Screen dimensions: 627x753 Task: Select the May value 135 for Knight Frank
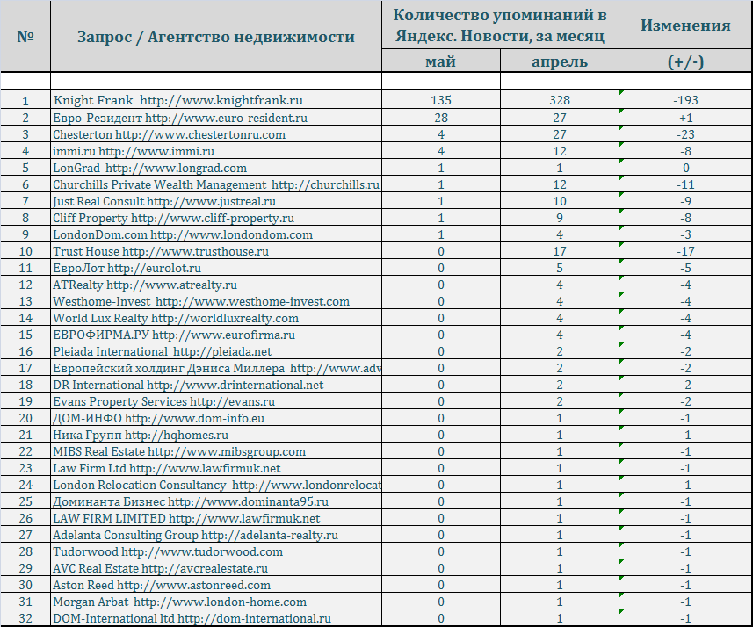coord(441,101)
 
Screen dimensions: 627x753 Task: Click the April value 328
coord(559,101)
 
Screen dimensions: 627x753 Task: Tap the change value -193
coord(685,101)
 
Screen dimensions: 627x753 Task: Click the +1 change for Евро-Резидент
coord(685,118)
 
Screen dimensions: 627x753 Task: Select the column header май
coord(441,61)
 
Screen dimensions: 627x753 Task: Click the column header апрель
coord(560,61)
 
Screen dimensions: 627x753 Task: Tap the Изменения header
coord(685,25)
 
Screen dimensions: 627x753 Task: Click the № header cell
coord(25,37)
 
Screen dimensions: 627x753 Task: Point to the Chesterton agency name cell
coord(170,134)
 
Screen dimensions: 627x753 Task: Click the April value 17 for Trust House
coord(559,251)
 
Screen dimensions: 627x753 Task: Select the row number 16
coord(25,351)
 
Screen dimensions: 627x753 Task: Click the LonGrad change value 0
coord(685,168)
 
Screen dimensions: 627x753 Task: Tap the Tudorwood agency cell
coord(168,551)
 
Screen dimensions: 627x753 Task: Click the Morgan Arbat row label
coord(180,602)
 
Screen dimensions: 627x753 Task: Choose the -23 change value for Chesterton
coord(685,134)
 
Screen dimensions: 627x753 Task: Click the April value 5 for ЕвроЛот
coord(559,268)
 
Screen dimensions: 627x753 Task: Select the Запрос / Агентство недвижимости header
coord(216,37)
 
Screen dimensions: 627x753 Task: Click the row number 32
coord(25,618)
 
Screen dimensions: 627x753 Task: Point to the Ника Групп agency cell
coord(141,435)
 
